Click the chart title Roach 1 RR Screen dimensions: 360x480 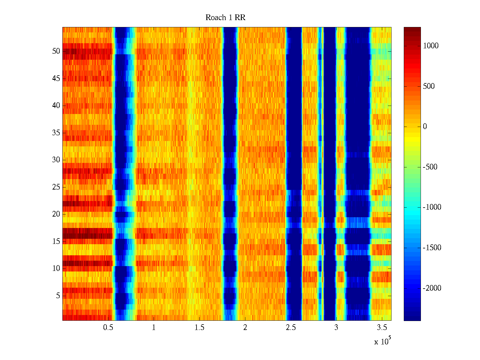(225, 18)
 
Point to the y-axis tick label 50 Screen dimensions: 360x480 (56, 51)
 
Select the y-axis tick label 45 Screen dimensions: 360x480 (56, 79)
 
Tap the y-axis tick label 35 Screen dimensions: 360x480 (56, 133)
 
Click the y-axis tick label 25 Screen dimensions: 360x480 (56, 187)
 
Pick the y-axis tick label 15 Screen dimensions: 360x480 (56, 241)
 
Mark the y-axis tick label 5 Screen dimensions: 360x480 (58, 296)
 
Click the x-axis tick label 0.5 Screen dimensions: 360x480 (108, 328)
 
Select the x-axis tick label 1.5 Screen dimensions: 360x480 (199, 328)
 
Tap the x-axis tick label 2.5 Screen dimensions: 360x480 (291, 328)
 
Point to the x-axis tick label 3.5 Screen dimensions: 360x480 (382, 328)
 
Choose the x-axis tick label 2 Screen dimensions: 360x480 (245, 328)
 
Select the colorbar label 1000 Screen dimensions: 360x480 (431, 46)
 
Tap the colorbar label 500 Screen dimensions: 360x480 (429, 86)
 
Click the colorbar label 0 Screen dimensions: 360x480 (425, 127)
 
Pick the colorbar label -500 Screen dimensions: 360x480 (430, 167)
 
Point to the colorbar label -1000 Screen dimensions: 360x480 (432, 207)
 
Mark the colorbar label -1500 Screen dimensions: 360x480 (432, 248)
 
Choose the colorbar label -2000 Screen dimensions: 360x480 (432, 288)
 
